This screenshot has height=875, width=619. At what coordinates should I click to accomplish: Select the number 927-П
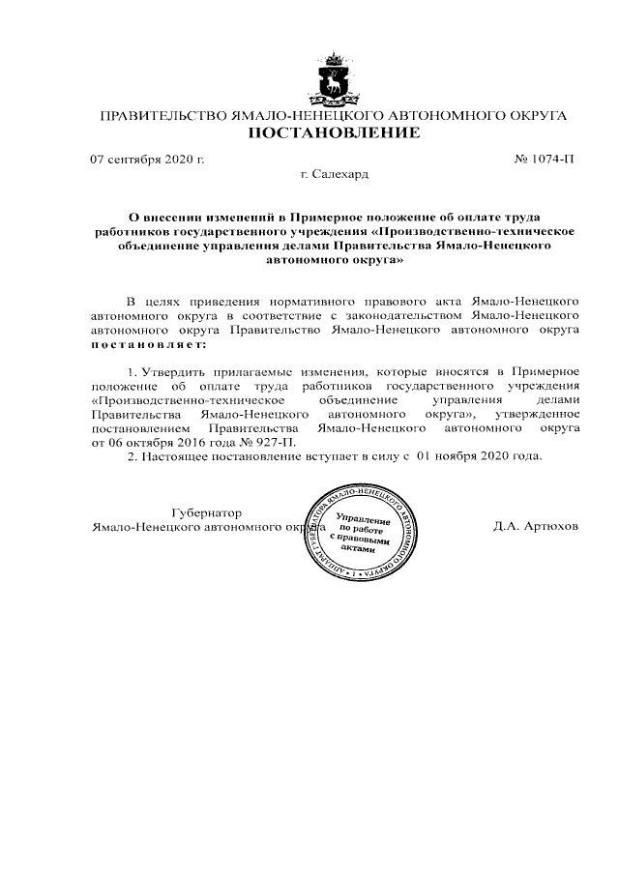[276, 441]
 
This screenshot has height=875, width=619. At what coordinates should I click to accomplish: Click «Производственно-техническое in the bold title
[477, 233]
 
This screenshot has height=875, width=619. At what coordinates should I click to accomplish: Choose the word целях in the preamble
[165, 302]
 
